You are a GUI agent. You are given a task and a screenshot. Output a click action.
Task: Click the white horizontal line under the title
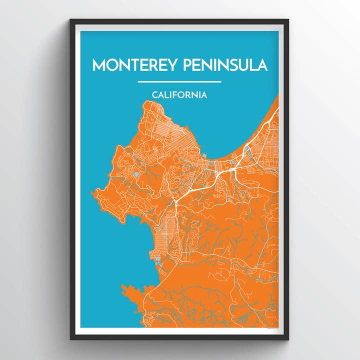point(179,81)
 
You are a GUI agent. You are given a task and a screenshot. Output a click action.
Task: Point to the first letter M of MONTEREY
point(98,65)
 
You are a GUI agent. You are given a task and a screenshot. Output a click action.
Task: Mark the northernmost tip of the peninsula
point(147,101)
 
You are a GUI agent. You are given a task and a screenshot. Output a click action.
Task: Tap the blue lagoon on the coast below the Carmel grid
point(157,260)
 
